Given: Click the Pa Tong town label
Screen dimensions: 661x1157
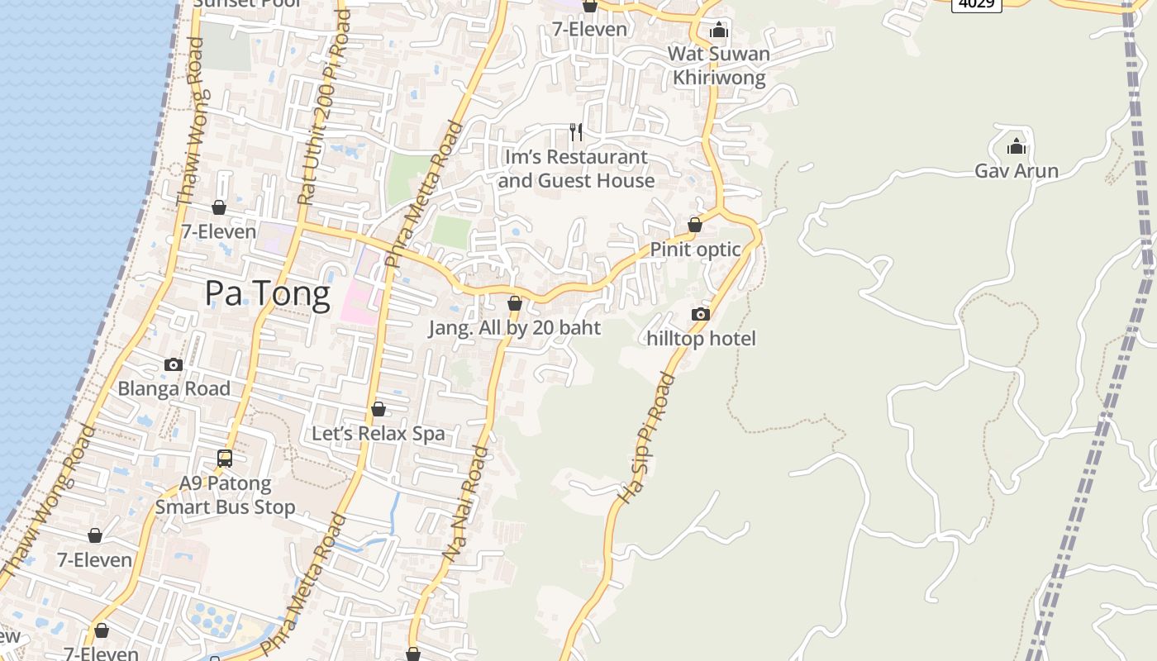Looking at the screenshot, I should pyautogui.click(x=267, y=293).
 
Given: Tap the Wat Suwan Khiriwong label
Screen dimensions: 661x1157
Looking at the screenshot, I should pyautogui.click(x=718, y=66).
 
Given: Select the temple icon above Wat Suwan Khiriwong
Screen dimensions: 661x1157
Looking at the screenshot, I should pyautogui.click(x=719, y=31).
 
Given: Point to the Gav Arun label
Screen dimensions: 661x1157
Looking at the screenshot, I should pyautogui.click(x=1017, y=171).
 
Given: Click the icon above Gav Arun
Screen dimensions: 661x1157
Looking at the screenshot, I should pyautogui.click(x=1017, y=147).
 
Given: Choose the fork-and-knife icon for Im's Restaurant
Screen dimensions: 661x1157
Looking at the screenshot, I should pyautogui.click(x=576, y=131).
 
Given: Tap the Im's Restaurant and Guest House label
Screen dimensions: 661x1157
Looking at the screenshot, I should pyautogui.click(x=576, y=169).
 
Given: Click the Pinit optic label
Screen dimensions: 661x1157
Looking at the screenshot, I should pyautogui.click(x=695, y=250).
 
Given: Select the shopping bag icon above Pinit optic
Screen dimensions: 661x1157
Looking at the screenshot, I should pyautogui.click(x=695, y=225).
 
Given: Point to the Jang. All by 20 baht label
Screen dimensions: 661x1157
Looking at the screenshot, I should pyautogui.click(x=514, y=328).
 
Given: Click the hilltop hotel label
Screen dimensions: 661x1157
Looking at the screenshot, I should pyautogui.click(x=701, y=339).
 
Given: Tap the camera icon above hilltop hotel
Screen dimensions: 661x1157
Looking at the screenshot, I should pyautogui.click(x=701, y=314).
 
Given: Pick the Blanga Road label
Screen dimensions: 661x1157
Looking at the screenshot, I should pyautogui.click(x=174, y=389).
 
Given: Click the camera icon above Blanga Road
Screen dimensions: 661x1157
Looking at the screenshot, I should pyautogui.click(x=174, y=364).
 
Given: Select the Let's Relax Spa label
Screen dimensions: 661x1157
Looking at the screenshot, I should pyautogui.click(x=378, y=434).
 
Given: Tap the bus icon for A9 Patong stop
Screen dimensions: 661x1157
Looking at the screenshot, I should pyautogui.click(x=224, y=459).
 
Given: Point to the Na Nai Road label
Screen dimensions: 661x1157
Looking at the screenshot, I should pyautogui.click(x=465, y=504).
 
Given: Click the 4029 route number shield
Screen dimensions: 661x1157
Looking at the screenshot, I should pyautogui.click(x=976, y=4).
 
